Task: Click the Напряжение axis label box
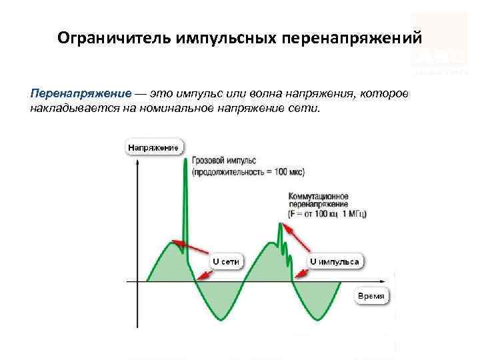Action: click(x=153, y=147)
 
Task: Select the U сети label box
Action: click(x=225, y=261)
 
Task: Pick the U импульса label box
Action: click(x=335, y=261)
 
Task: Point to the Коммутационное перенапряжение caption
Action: click(x=319, y=201)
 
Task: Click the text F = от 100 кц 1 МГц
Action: click(x=327, y=214)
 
